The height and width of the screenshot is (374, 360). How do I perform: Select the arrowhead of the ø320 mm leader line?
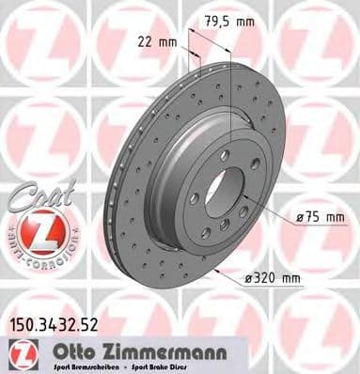(x=219, y=271)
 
